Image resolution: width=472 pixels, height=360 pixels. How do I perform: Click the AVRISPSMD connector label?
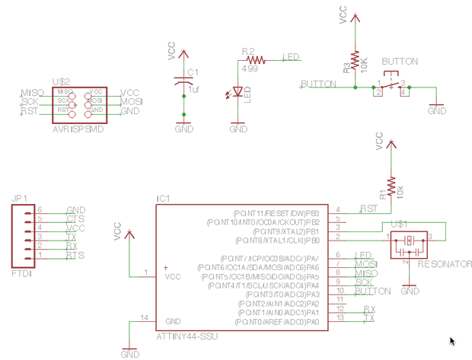pos(78,129)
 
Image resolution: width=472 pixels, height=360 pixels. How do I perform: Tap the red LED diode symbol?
pos(238,92)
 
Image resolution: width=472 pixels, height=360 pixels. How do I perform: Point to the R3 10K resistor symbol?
pos(355,61)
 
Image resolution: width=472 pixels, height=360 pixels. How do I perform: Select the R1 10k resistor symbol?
pos(391,186)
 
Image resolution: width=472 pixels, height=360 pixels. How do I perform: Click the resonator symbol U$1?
pos(410,241)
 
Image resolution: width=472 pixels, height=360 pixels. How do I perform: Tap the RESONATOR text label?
pos(443,264)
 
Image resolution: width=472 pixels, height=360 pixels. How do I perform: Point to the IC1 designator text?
pos(163,199)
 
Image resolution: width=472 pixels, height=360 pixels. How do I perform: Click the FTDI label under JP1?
pos(22,272)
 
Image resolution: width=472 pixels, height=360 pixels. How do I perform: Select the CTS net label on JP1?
pos(75,219)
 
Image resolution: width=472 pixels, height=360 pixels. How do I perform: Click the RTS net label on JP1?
pos(75,256)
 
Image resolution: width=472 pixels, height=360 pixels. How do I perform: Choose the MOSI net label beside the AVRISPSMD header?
pos(131,101)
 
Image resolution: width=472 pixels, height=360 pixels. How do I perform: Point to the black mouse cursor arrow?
pos(453,342)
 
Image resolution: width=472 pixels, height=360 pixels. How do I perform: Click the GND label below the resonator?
pos(410,291)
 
